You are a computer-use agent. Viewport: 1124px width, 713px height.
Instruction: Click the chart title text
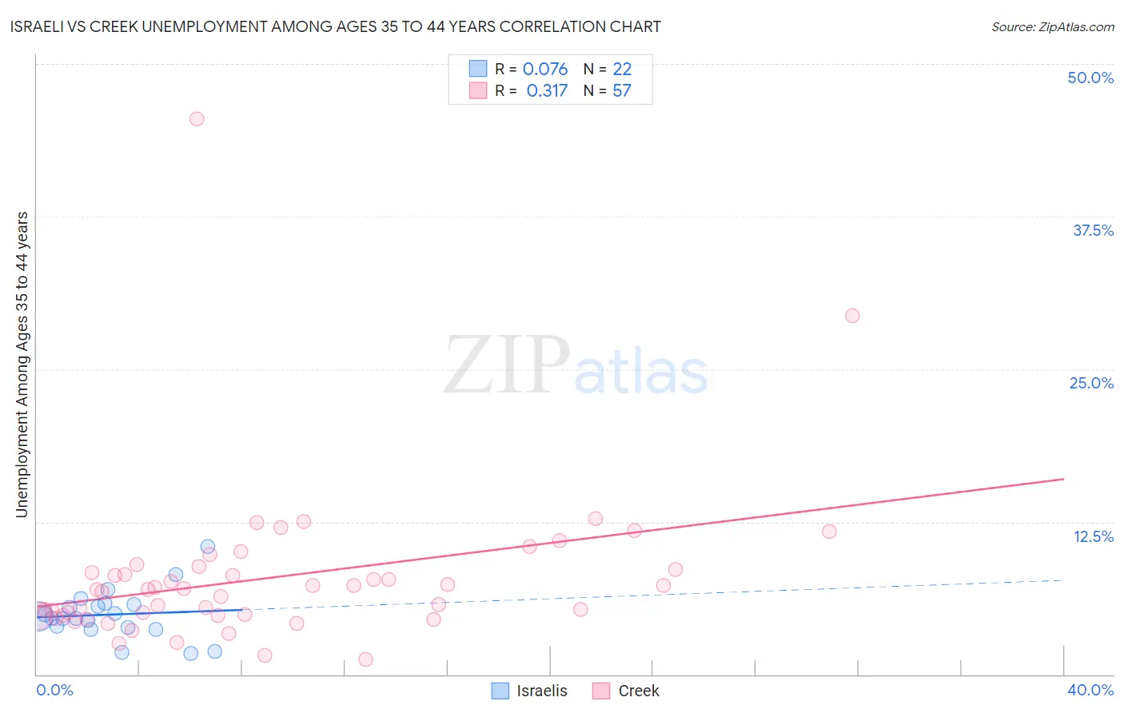click(336, 26)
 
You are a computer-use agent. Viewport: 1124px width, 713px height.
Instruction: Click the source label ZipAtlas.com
click(1052, 26)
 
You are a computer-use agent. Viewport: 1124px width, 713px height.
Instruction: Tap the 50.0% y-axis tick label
click(1090, 78)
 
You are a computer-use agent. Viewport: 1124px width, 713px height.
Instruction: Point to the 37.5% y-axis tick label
click(1093, 230)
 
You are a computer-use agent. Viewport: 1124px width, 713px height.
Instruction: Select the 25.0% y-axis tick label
click(1091, 383)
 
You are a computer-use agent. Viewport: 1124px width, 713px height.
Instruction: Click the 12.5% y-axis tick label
click(1093, 536)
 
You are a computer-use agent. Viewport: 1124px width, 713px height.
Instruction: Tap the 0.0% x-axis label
click(54, 690)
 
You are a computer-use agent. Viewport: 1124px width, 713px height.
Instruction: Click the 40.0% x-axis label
click(1090, 690)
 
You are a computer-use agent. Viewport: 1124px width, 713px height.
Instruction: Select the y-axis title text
click(22, 364)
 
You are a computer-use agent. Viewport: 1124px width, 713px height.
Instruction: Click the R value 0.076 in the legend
click(545, 69)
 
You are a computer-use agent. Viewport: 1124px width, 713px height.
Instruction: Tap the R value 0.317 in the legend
click(547, 90)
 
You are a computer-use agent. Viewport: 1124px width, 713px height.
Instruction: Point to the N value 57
click(622, 90)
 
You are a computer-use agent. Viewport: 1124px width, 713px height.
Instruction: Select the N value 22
click(622, 69)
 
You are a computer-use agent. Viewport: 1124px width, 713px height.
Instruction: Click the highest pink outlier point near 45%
click(197, 119)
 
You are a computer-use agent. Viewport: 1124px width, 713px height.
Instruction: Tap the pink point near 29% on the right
click(852, 316)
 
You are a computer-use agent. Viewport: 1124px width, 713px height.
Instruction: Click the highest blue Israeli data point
click(208, 547)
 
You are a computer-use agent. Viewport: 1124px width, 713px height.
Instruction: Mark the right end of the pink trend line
click(1063, 479)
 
